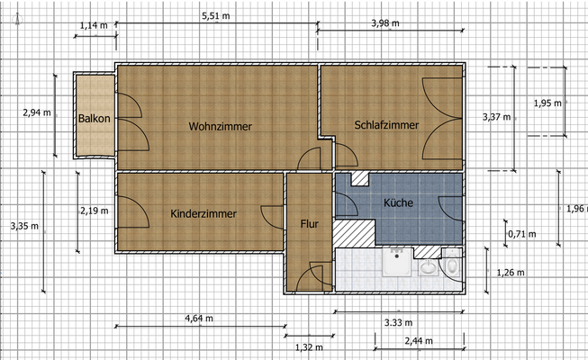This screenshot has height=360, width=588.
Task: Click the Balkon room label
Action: click(x=94, y=119)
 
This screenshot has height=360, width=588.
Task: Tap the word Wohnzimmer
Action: click(x=221, y=126)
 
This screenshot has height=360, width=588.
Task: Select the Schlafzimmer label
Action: click(x=386, y=125)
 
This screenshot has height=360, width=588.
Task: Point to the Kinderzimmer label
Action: click(x=204, y=214)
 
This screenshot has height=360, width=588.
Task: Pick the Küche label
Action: click(x=398, y=203)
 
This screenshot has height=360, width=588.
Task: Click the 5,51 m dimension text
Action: click(x=216, y=16)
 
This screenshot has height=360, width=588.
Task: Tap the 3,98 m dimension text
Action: click(x=386, y=22)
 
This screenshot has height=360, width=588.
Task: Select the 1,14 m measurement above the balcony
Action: click(x=93, y=24)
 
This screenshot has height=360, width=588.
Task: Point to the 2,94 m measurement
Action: click(x=36, y=113)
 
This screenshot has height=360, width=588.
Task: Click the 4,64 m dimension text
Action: click(x=199, y=318)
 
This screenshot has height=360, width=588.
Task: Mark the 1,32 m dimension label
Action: click(x=309, y=345)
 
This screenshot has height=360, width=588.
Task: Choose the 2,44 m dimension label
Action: click(x=418, y=341)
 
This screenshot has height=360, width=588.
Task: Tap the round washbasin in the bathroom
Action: click(x=427, y=268)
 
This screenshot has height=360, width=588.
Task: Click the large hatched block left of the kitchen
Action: click(x=347, y=233)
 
